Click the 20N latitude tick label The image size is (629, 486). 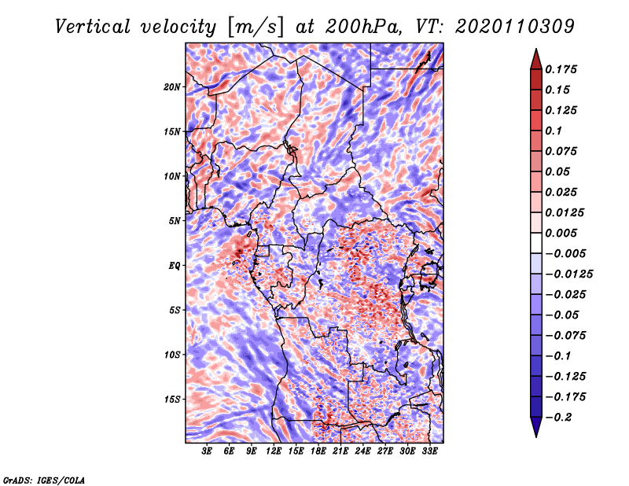coord(172,87)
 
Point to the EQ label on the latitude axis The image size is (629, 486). coord(174,266)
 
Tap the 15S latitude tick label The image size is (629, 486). coord(172,399)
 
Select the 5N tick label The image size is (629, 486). coord(175,221)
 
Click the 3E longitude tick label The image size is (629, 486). coord(207,451)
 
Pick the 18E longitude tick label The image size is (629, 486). coord(318,451)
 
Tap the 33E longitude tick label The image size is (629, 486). coord(429,451)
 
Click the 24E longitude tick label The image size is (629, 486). coord(362,451)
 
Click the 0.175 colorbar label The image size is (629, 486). coord(561,69)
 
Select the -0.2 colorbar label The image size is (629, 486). coord(558,418)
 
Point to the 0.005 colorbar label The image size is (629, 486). coord(561,233)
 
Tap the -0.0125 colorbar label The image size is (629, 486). coord(568,274)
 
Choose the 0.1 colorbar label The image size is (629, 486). coord(554,131)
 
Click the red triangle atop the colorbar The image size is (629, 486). coord(536,59)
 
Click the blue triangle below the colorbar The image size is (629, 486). coord(536,427)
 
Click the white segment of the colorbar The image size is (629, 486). coord(536,243)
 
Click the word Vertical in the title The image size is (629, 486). coord(92,27)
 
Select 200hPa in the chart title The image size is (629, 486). coord(362,27)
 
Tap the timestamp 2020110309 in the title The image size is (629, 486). coord(515,27)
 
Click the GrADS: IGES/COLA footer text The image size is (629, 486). coord(44,480)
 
